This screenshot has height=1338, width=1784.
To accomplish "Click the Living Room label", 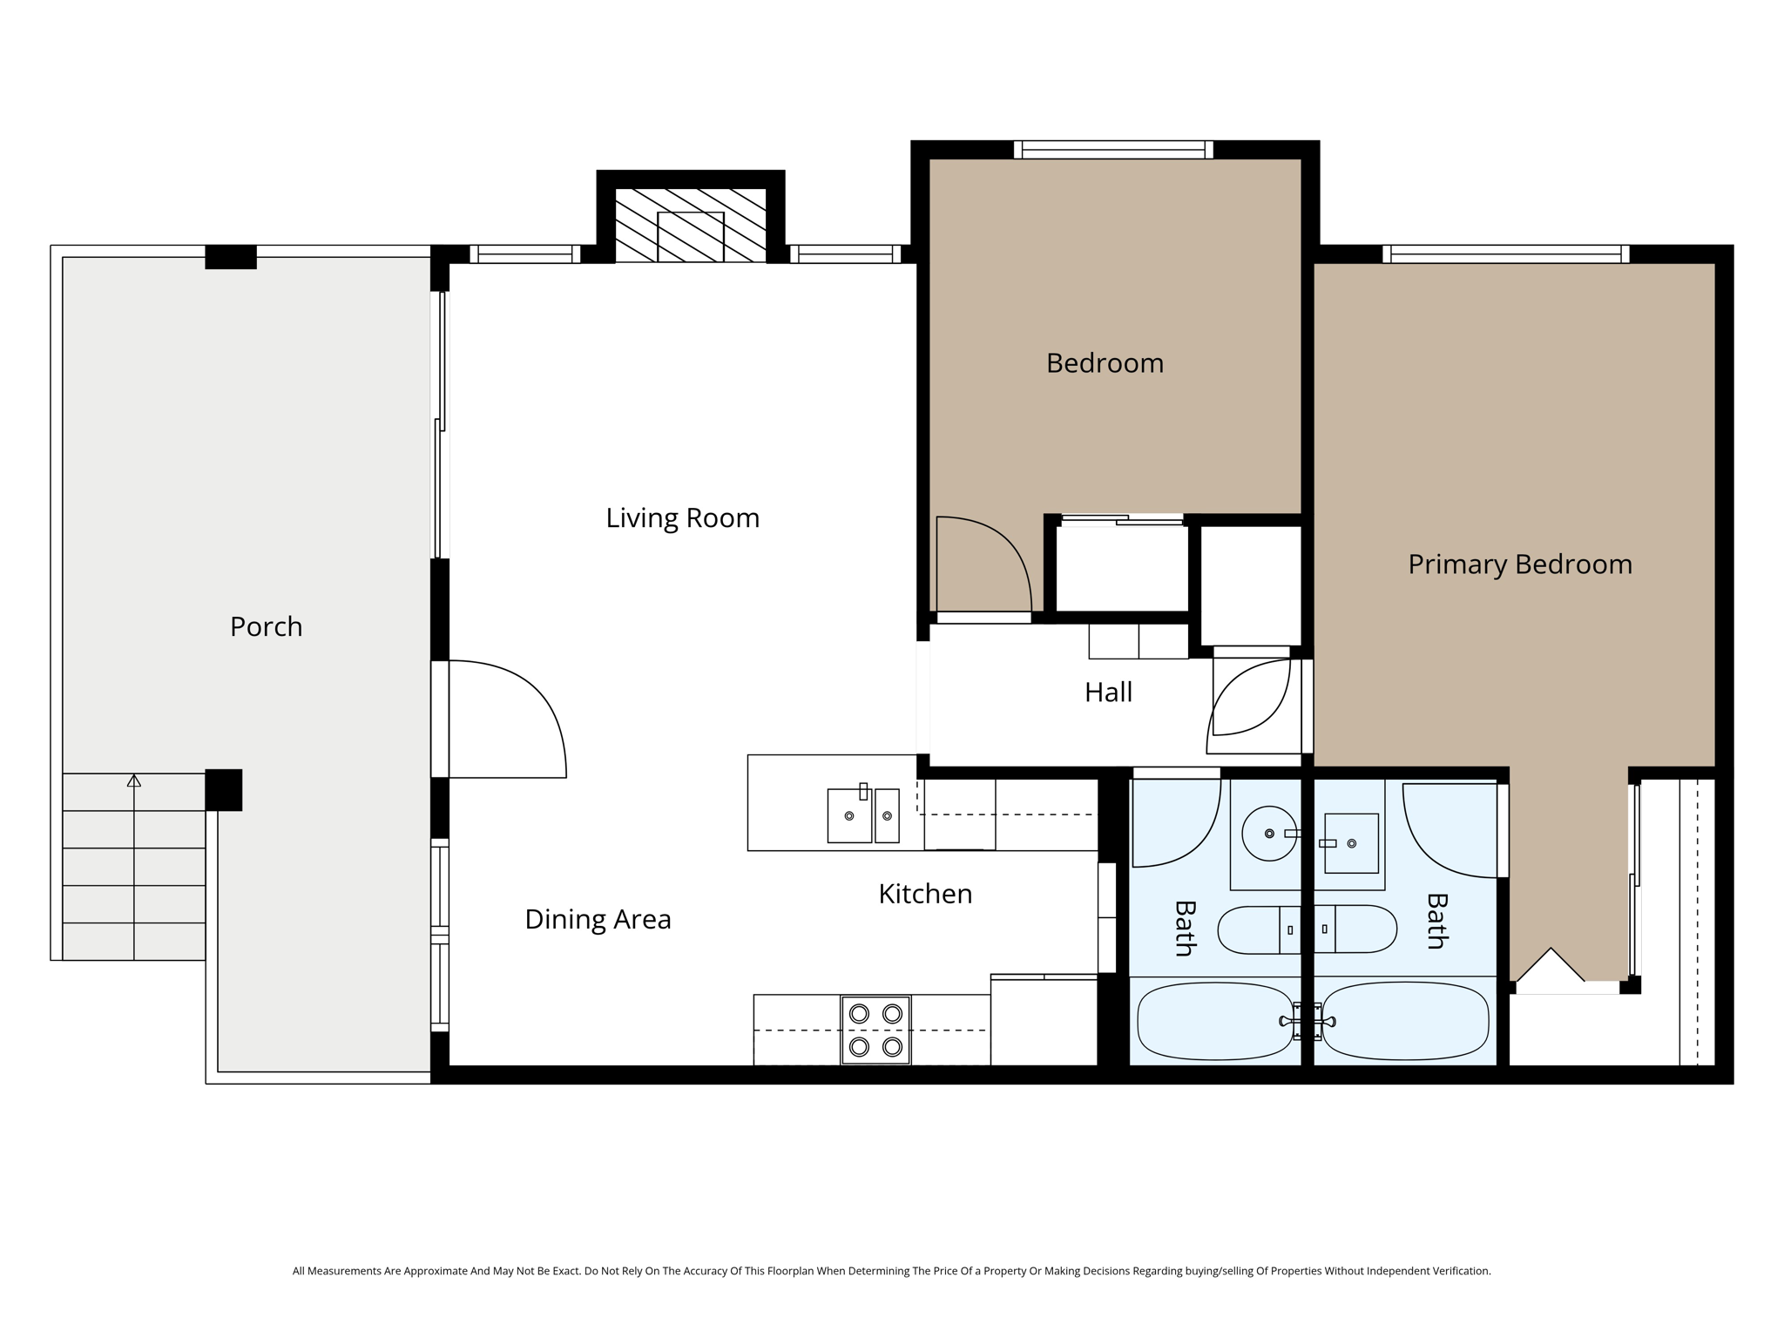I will (682, 518).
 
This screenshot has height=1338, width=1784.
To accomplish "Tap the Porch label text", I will (266, 626).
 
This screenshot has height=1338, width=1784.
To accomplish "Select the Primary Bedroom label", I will (1519, 564).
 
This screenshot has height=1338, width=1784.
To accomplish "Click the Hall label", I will (1108, 693).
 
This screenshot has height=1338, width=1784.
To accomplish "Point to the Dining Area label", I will (598, 919).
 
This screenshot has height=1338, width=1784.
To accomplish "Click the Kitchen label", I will (925, 894).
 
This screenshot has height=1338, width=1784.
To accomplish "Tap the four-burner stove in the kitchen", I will (875, 1030).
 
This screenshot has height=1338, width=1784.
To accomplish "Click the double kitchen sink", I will (862, 815).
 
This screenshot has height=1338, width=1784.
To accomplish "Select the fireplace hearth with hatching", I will (690, 225).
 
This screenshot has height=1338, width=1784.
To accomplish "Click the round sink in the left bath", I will (1268, 834).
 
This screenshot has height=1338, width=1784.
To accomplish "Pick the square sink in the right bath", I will (1351, 843).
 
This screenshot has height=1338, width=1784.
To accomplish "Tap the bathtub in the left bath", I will (1214, 1021).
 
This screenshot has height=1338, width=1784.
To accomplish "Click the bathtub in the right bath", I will (1404, 1021).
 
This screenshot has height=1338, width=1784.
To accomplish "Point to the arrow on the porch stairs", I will (133, 781).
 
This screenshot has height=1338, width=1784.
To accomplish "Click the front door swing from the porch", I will (505, 719).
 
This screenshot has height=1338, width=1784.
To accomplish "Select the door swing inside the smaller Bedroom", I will (982, 564).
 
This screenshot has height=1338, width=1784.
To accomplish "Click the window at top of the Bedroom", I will (1113, 150).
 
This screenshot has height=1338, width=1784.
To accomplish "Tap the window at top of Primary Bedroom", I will (1505, 254).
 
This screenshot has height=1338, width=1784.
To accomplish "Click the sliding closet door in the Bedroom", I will (1122, 520).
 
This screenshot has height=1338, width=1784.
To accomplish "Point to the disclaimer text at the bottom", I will (891, 1271).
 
